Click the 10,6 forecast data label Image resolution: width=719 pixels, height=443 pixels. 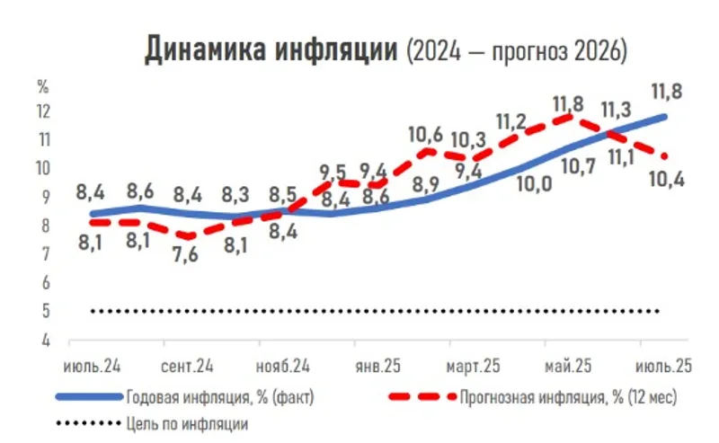(426, 137)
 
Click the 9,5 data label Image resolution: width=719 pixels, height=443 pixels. (332, 172)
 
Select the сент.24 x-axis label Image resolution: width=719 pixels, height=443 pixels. (188, 368)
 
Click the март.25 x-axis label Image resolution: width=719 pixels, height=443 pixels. (473, 368)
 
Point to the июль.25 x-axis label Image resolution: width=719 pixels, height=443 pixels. (663, 368)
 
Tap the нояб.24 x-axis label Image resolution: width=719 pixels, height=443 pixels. (283, 368)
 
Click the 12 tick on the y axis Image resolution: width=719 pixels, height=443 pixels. (44, 111)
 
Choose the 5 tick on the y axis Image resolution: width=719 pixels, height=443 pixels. (44, 312)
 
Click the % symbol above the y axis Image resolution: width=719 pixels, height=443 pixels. (42, 87)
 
